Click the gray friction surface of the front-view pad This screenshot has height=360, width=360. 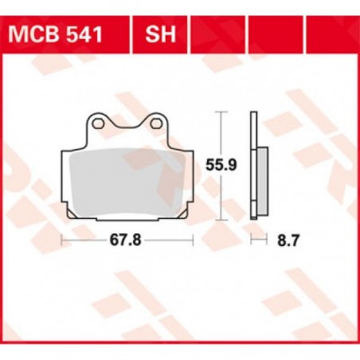(x=127, y=182)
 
